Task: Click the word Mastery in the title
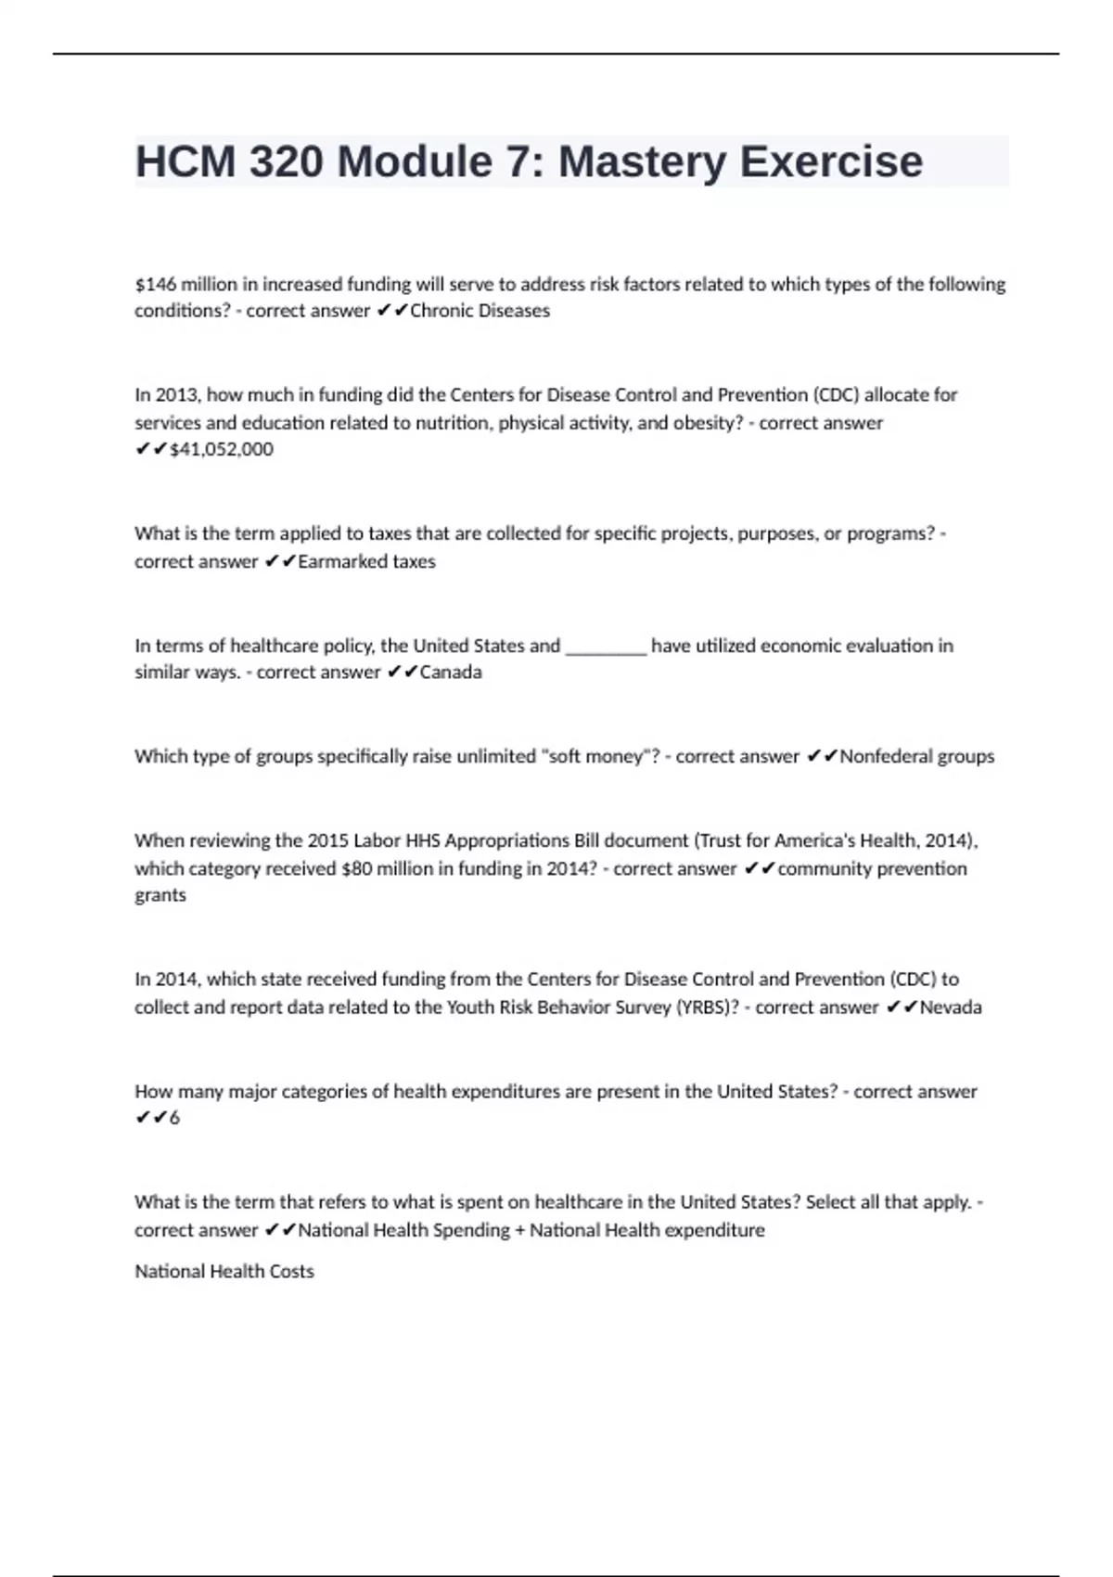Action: [x=643, y=162]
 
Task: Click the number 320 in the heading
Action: [x=286, y=162]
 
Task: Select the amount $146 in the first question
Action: [x=155, y=284]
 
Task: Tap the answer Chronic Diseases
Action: [x=480, y=311]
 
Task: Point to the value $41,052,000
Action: [x=222, y=449]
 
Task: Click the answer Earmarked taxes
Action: [x=366, y=561]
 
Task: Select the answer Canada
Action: [x=451, y=672]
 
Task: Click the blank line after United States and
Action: [x=606, y=647]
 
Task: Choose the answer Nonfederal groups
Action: [x=916, y=756]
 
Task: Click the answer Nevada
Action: [x=951, y=1007]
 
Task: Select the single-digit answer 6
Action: [x=174, y=1118]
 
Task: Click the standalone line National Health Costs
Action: [x=224, y=1271]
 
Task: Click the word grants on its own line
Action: [x=160, y=895]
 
